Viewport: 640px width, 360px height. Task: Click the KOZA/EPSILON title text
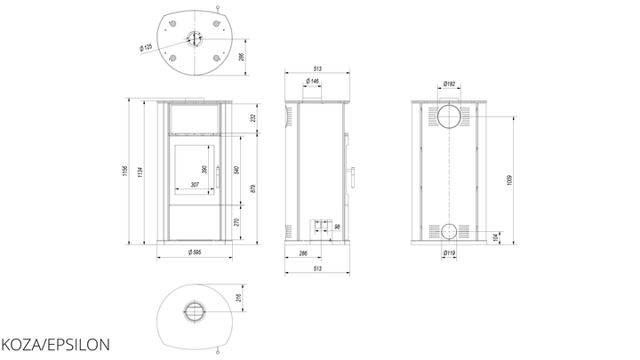pos(55,345)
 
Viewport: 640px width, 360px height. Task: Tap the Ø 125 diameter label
pos(146,47)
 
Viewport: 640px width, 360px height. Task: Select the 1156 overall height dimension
pos(124,171)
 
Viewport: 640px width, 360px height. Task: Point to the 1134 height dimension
pos(140,172)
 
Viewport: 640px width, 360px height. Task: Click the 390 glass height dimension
pos(204,169)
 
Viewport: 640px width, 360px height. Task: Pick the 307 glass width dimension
pos(195,185)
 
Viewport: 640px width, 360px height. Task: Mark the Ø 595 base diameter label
pos(195,252)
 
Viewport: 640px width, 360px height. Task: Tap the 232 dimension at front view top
pos(253,118)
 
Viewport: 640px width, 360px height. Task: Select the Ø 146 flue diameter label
pos(312,81)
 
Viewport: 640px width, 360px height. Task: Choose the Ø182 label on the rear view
pos(449,84)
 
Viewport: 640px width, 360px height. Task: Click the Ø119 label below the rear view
pos(449,253)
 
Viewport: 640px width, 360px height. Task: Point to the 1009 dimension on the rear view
pos(509,180)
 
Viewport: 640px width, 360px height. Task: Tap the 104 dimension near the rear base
pos(495,237)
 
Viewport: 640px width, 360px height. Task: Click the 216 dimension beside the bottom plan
pos(239,298)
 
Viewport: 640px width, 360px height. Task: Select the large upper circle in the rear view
pos(450,116)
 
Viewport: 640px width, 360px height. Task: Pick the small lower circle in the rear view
pos(449,231)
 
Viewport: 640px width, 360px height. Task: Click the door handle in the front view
pos(218,176)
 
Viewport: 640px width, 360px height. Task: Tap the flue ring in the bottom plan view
pos(195,312)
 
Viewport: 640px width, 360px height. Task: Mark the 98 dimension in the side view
pos(337,227)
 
